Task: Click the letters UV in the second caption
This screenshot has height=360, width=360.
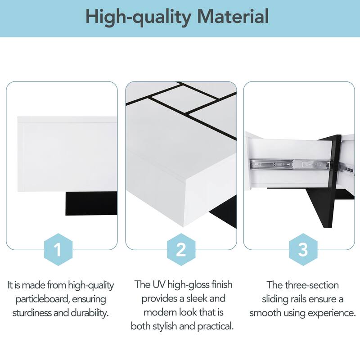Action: coord(156,285)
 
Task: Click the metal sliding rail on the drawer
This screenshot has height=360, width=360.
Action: coord(288,165)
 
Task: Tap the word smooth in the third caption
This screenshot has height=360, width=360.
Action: coord(265,312)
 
